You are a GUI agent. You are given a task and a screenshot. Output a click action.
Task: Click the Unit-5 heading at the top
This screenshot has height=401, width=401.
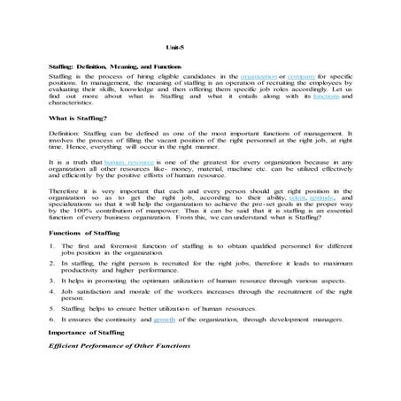[x=174, y=46]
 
